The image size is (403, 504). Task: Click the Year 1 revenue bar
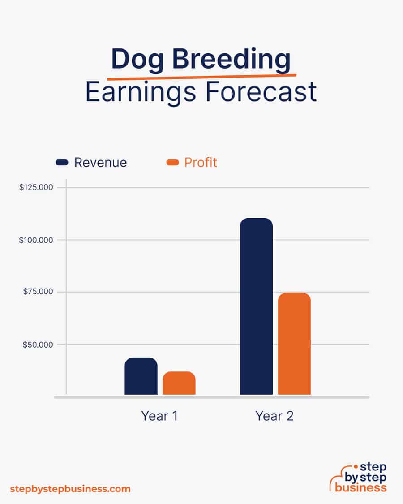point(141,376)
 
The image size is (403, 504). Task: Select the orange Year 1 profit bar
point(179,383)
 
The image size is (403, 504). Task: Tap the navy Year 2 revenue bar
point(257,306)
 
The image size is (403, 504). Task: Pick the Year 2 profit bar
point(294,344)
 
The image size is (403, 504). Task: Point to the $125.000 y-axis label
point(36,187)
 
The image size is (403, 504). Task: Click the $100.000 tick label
point(36,240)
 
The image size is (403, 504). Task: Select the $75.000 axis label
point(38,292)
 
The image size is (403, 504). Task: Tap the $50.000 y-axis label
point(38,345)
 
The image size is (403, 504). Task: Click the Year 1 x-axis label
point(159,416)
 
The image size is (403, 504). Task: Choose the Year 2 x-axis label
point(274,416)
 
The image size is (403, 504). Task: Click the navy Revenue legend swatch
point(62,162)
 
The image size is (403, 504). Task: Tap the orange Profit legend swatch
point(172,162)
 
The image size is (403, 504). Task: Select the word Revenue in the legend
point(101,163)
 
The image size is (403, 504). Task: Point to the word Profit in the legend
point(201,163)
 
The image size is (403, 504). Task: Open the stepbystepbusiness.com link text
point(70,489)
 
